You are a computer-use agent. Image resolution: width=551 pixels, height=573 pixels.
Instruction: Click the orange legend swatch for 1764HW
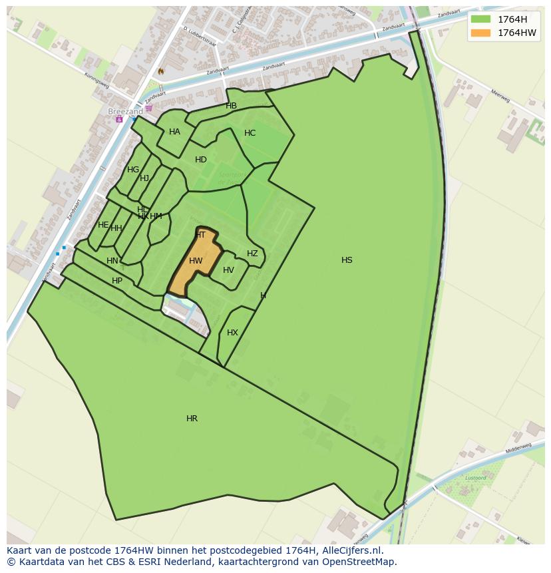click(480, 33)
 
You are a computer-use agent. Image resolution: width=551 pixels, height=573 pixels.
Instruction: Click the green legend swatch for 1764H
click(480, 19)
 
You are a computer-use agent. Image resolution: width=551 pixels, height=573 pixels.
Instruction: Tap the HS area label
click(347, 260)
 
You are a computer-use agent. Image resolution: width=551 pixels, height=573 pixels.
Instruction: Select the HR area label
click(192, 419)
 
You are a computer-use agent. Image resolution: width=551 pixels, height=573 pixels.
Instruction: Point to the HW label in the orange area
click(196, 261)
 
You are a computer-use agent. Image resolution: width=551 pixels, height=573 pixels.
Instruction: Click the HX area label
click(232, 333)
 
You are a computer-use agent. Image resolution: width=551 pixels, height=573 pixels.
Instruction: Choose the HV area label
click(228, 270)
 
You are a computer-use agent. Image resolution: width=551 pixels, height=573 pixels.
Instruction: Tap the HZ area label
click(252, 254)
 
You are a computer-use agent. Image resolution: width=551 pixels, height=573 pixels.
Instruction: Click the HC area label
click(250, 133)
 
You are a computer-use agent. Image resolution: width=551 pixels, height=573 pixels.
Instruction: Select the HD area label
click(200, 160)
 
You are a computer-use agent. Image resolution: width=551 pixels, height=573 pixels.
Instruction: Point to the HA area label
click(174, 132)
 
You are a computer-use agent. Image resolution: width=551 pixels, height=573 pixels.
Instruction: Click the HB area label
click(231, 106)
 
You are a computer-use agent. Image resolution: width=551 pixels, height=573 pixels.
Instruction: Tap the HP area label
click(117, 281)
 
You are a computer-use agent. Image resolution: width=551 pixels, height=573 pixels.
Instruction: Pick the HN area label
click(112, 261)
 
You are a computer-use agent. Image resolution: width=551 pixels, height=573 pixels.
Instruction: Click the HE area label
click(103, 225)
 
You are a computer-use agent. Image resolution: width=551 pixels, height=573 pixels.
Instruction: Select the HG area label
click(133, 170)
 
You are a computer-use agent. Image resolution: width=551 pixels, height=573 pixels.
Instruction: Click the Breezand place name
click(125, 112)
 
